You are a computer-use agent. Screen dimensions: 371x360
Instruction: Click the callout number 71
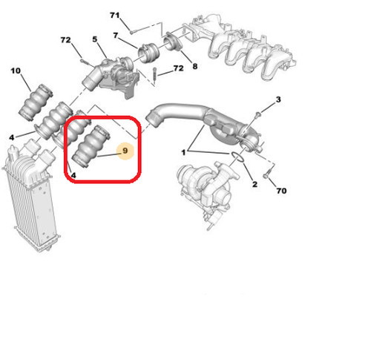point(115,16)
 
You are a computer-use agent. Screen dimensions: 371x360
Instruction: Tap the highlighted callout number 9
point(125,151)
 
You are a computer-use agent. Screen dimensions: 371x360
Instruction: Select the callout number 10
point(16,71)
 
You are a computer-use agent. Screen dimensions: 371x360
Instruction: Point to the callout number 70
point(281,191)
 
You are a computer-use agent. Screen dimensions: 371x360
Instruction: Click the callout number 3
point(278,99)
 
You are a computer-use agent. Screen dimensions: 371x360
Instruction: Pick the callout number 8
point(195,66)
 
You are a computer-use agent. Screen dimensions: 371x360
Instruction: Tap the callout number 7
point(116,36)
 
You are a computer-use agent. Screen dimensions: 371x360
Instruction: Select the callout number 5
point(95,39)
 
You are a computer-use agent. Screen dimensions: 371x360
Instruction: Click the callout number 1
point(183,152)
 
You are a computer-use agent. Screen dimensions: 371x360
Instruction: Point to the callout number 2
point(255,184)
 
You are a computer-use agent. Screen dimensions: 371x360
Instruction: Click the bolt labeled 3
point(258,115)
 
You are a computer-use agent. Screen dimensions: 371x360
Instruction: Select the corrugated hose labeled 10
point(36,102)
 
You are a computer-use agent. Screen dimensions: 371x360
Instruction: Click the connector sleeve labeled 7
point(148,53)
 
